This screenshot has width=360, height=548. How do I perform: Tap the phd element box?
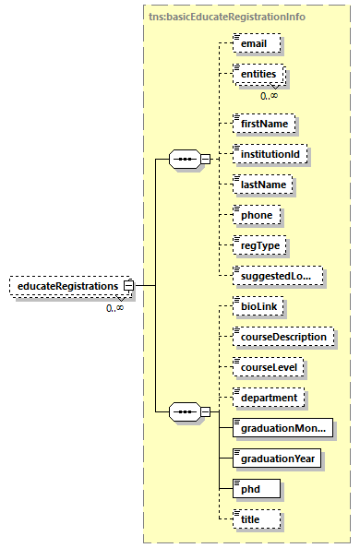(252, 489)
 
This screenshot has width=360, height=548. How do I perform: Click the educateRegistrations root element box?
(66, 286)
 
